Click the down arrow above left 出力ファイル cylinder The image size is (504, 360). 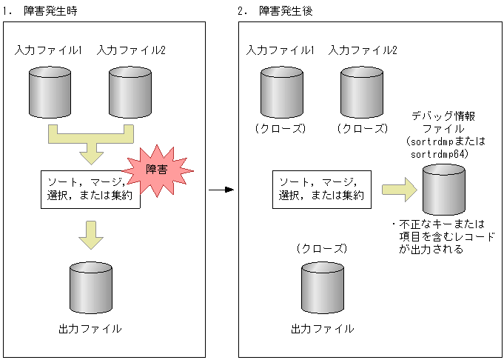90,234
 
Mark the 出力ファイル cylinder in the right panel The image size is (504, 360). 322,287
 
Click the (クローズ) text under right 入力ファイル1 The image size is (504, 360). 280,128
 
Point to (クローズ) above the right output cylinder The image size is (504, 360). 321,247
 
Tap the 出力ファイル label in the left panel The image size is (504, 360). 90,327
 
